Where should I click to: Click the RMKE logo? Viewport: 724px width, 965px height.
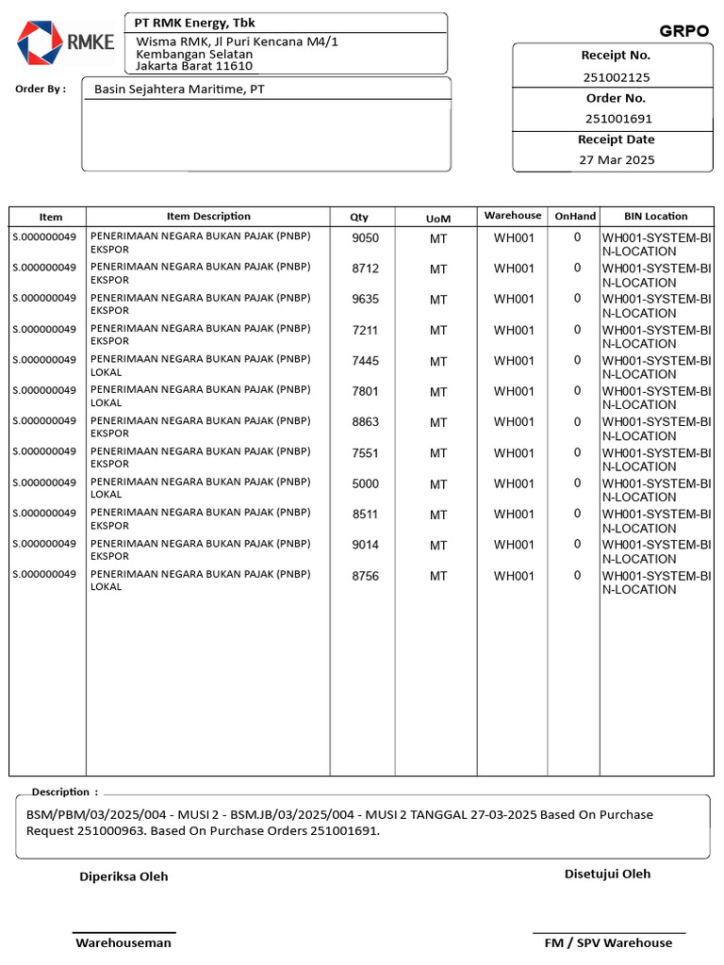[x=64, y=41]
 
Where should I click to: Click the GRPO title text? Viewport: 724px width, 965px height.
[x=683, y=31]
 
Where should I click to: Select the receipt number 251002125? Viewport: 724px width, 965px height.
[x=617, y=77]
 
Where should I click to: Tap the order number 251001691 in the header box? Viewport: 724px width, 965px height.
[x=617, y=119]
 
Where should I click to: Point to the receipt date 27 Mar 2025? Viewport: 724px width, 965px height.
[x=617, y=160]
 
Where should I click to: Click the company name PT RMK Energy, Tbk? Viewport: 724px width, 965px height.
[x=195, y=23]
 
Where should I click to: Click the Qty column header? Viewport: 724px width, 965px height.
[x=359, y=217]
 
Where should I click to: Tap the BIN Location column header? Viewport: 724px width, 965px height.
[x=656, y=216]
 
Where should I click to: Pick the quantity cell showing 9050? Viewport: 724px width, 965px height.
[x=365, y=238]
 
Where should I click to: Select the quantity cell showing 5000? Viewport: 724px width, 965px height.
[x=365, y=484]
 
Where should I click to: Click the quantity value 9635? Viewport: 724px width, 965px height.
[x=365, y=300]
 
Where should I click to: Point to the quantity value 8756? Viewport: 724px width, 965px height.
[x=365, y=577]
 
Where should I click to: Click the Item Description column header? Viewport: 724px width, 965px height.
[x=208, y=216]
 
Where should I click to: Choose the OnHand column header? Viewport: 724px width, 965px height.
[x=575, y=216]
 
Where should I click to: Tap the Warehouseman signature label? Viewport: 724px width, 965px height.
[x=123, y=942]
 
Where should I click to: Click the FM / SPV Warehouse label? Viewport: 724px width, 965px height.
[x=608, y=942]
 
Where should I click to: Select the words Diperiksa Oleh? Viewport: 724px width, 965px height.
[x=123, y=876]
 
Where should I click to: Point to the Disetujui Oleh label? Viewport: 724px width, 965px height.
[x=607, y=874]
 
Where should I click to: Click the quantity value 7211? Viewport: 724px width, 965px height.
[x=365, y=331]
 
